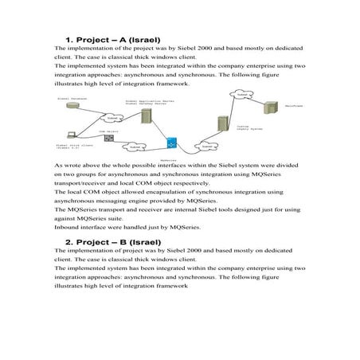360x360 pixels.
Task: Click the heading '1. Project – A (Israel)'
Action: [x=113, y=39]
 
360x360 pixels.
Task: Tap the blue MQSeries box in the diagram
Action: [x=170, y=144]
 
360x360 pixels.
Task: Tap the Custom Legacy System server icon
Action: [x=224, y=126]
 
